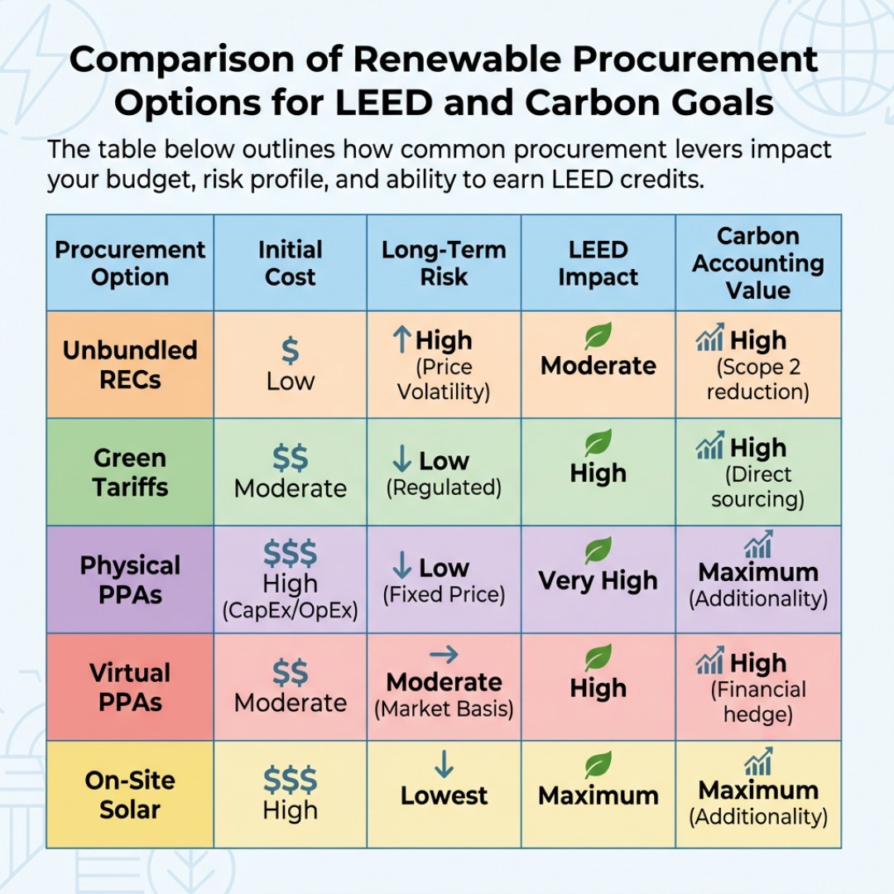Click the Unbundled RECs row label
click(130, 364)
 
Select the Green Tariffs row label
click(130, 472)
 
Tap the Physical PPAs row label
click(130, 579)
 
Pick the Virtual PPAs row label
click(130, 687)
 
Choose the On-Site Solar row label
click(130, 795)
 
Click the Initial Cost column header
click(290, 263)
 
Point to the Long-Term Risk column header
click(444, 263)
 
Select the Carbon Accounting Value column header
click(757, 263)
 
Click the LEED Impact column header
click(598, 263)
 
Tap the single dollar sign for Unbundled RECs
click(290, 351)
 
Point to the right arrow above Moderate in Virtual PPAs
click(444, 655)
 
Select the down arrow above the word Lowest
click(444, 764)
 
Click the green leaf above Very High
click(598, 550)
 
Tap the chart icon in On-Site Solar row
click(757, 762)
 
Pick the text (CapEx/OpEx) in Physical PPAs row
click(290, 612)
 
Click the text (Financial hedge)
click(757, 702)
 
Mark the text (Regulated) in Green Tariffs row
click(444, 488)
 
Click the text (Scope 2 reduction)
click(757, 379)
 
